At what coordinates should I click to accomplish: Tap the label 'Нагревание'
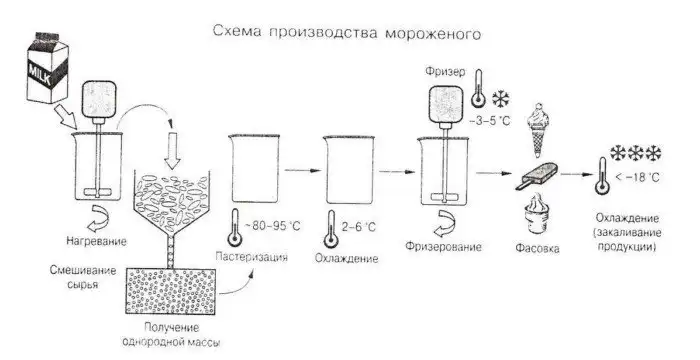(95, 240)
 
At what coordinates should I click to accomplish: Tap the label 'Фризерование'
(441, 246)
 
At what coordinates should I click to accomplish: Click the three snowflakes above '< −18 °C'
(636, 153)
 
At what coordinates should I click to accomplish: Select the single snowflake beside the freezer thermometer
(498, 101)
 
